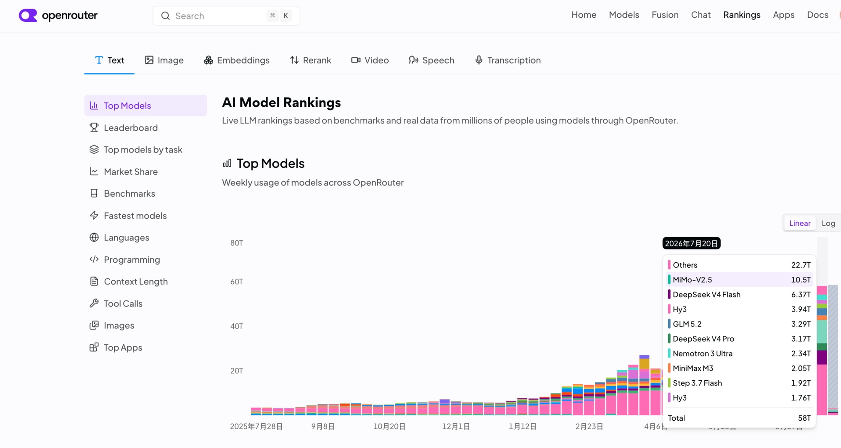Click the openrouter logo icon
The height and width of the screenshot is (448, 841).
(x=28, y=16)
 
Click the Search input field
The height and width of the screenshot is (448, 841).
(x=226, y=16)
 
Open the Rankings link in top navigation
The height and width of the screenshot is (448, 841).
(x=742, y=15)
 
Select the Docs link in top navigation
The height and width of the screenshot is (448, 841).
(x=817, y=15)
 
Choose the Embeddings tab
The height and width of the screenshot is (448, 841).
(x=237, y=60)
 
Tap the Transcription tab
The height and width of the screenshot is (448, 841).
(x=508, y=60)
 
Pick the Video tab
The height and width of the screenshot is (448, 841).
(x=370, y=60)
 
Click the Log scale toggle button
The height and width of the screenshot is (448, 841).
(x=828, y=223)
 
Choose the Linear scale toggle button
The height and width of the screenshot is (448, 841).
(x=800, y=223)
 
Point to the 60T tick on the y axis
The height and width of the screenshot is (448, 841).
(x=237, y=282)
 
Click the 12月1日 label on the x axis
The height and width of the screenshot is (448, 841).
(x=456, y=427)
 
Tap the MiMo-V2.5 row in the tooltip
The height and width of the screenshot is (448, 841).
(x=740, y=279)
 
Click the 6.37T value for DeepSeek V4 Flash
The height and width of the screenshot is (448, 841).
(x=801, y=295)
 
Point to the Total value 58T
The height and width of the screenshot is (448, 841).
(x=804, y=418)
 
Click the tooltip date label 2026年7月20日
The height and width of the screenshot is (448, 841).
(x=691, y=243)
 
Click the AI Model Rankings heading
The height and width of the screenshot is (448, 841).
(x=281, y=102)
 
